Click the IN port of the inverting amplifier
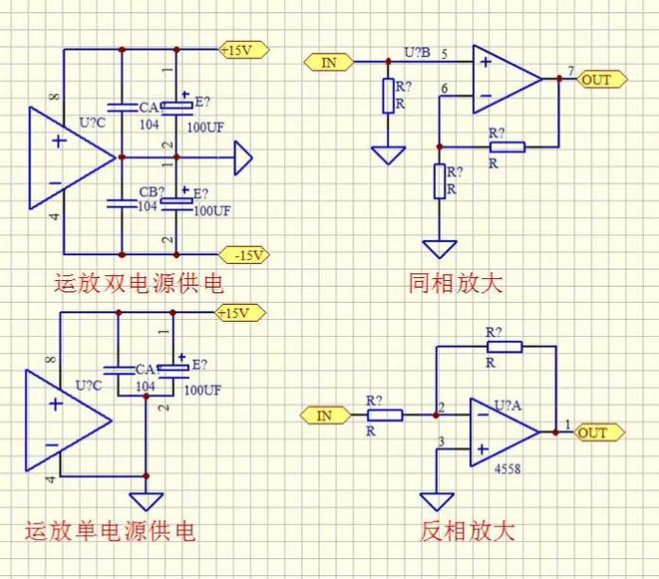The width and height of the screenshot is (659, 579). tap(324, 415)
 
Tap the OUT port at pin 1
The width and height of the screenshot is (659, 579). tap(597, 433)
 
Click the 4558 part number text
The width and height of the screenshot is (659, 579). tap(506, 467)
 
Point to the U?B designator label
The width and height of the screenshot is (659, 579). tap(417, 52)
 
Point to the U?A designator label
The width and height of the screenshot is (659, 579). tap(507, 406)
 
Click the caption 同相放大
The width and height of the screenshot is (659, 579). tap(457, 284)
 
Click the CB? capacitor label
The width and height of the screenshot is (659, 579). tap(152, 191)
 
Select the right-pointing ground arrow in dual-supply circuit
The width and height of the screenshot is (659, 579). tap(242, 157)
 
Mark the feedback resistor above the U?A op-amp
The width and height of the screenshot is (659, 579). tap(503, 346)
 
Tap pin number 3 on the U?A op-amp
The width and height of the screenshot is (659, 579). tap(442, 441)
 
